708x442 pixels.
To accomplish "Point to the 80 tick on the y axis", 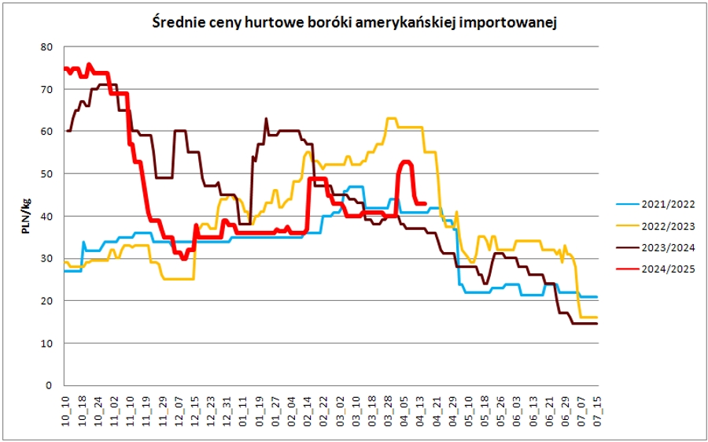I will pos(46,46).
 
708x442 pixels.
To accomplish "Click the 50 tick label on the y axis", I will pos(46,173).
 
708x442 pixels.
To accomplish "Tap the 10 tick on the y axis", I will pos(46,344).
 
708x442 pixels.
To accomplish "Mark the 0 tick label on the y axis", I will pos(50,386).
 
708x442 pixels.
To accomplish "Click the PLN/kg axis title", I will pos(26,217).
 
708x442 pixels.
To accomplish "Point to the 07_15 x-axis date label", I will pos(597,413).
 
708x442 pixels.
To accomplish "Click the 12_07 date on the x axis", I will pos(179,413).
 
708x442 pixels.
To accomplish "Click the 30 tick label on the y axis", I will pos(46,258).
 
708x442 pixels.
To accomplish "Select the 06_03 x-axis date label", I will pos(517,413).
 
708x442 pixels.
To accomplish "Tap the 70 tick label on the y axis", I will pos(46,89).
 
